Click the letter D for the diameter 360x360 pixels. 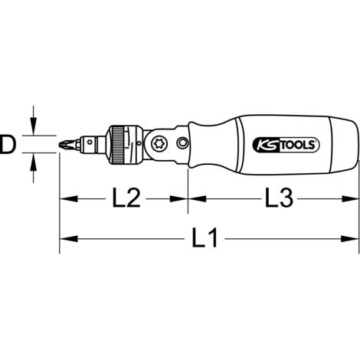(8, 143)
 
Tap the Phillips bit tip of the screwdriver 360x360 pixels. (67, 143)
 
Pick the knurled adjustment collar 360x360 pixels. (119, 143)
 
